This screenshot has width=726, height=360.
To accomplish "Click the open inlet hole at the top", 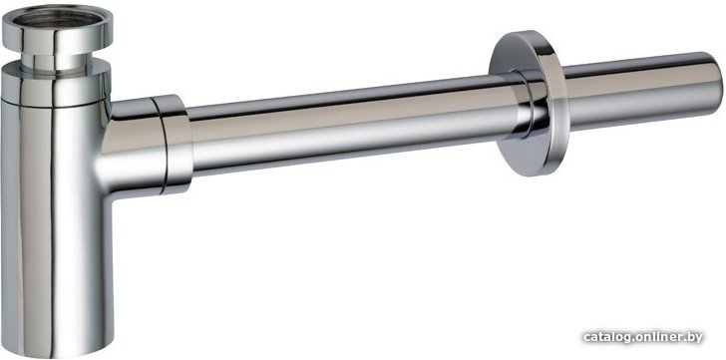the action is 57,19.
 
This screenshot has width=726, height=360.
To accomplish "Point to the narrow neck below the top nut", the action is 57,63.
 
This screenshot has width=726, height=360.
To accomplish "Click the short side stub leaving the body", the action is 131,148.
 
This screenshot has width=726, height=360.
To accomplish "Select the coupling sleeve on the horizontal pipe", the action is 173,144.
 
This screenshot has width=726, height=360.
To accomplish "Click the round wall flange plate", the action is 528,104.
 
